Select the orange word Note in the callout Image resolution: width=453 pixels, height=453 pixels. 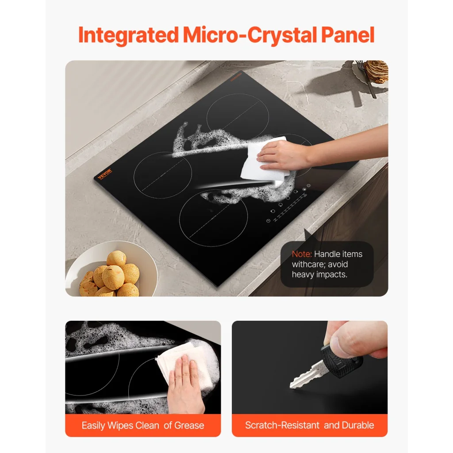pyautogui.click(x=301, y=254)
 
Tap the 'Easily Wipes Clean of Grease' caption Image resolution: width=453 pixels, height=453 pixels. pyautogui.click(x=143, y=426)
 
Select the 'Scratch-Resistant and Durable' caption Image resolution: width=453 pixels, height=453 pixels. pyautogui.click(x=310, y=426)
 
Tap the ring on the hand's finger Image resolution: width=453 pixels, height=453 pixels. pyautogui.click(x=178, y=376)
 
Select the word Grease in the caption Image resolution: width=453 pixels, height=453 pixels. pyautogui.click(x=189, y=426)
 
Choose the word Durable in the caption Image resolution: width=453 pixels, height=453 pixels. pyautogui.click(x=357, y=426)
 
